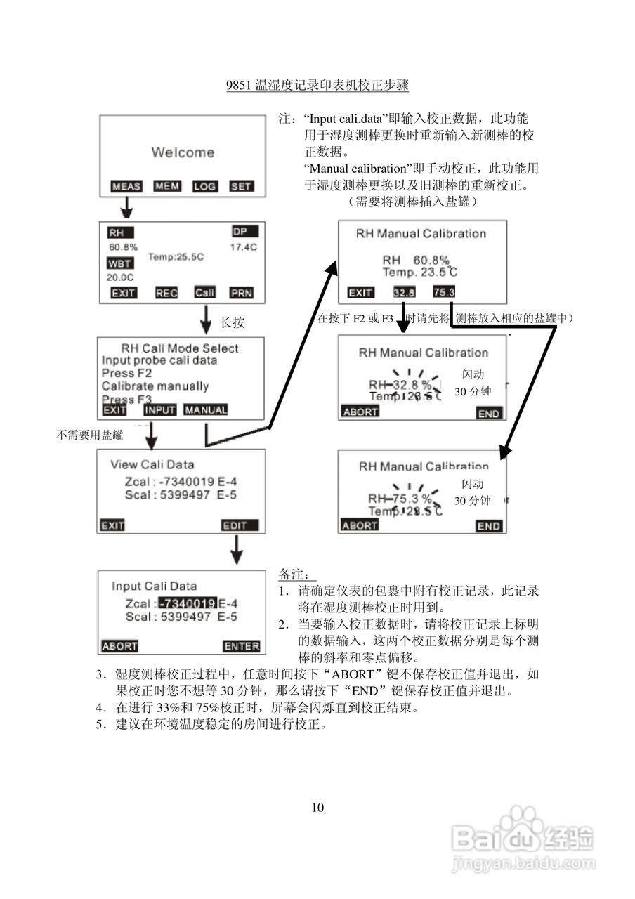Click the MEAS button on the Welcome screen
coord(126,186)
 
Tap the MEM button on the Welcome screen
coord(167,185)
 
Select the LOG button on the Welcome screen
coord(204,186)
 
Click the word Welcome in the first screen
coord(183,152)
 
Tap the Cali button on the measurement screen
coord(204,292)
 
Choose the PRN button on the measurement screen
coord(242,293)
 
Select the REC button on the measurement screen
coord(166,293)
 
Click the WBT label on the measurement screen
coord(119,263)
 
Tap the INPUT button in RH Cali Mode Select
coord(160,410)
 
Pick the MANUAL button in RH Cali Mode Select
coord(206,410)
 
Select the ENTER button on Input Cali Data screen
coord(242,646)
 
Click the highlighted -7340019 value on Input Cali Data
coord(187,603)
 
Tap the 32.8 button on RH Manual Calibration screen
coord(404,292)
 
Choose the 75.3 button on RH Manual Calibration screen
coord(444,292)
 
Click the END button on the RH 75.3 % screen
coord(489,526)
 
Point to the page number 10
coord(317,807)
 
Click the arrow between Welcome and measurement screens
coord(126,207)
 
